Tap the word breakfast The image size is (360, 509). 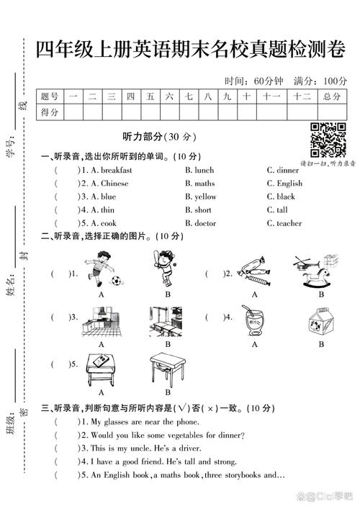point(116,170)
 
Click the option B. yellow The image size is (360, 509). point(200,197)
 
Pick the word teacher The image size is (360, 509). point(289,223)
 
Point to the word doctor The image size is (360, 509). point(205,223)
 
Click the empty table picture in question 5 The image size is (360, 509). point(167,369)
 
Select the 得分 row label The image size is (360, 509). point(50,112)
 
